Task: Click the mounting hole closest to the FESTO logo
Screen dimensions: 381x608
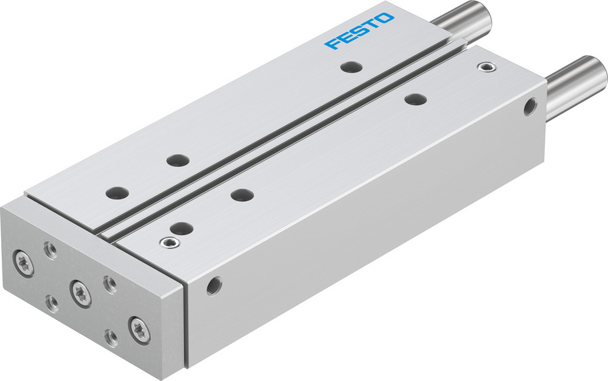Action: (x=349, y=66)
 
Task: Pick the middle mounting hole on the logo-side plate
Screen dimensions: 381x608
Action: (x=177, y=160)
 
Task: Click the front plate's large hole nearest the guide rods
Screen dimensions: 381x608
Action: (x=415, y=98)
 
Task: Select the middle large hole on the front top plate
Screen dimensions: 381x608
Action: (x=242, y=195)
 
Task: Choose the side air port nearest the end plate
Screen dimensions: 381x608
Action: (x=213, y=284)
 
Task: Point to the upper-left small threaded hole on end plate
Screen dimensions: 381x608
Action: (x=50, y=249)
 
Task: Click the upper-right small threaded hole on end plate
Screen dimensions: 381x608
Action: (x=110, y=283)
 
